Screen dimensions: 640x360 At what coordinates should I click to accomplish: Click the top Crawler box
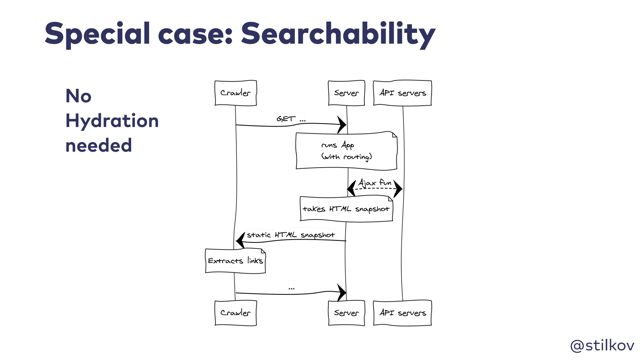(x=236, y=93)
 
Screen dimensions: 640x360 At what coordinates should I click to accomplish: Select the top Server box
(x=346, y=93)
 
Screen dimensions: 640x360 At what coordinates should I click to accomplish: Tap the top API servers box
(x=402, y=93)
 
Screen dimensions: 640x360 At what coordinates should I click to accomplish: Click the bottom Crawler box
(x=236, y=313)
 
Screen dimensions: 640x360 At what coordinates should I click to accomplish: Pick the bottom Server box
(x=346, y=313)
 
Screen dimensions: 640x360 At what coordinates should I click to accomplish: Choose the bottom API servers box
(x=402, y=313)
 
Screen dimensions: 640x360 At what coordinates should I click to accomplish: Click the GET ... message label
(x=291, y=118)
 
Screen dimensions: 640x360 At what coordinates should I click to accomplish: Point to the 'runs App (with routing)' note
(x=346, y=150)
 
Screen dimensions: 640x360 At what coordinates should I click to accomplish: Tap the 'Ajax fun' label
(x=375, y=182)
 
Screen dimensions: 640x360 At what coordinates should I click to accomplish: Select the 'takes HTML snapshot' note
(x=346, y=208)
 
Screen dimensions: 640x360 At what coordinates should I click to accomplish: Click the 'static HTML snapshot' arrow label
(x=291, y=235)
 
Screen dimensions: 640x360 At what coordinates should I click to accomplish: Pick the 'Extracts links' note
(x=236, y=261)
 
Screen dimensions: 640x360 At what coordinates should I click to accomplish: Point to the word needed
(x=98, y=145)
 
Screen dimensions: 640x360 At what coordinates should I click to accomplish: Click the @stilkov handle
(x=602, y=346)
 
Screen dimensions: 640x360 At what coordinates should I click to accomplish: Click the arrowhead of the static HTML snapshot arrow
(x=236, y=240)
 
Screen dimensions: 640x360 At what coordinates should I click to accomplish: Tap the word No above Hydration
(x=78, y=96)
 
